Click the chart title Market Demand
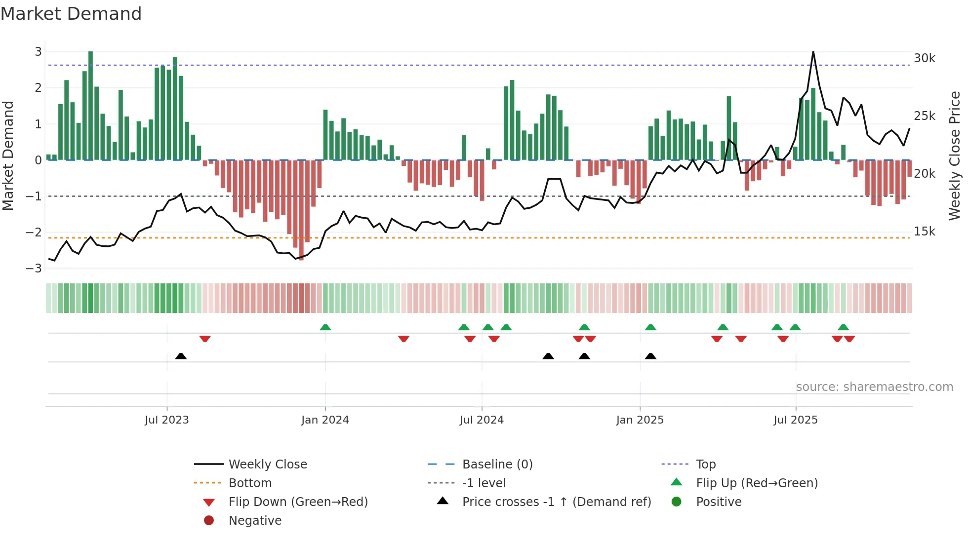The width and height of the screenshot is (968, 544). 71,14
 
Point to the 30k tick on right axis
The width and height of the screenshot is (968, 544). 924,58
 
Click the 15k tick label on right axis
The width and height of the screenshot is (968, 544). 924,232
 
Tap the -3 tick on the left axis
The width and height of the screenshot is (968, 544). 34,269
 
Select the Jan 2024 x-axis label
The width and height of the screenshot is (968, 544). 325,420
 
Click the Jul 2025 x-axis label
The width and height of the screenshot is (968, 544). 795,420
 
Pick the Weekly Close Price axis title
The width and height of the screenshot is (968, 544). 955,155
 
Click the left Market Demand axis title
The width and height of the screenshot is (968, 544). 8,155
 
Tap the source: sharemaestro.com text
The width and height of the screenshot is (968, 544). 874,387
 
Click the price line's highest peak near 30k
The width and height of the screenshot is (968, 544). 813,52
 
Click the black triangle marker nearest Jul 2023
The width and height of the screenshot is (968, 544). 181,356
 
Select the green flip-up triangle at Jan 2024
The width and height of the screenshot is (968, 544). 325,327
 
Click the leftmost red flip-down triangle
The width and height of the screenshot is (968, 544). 205,339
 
